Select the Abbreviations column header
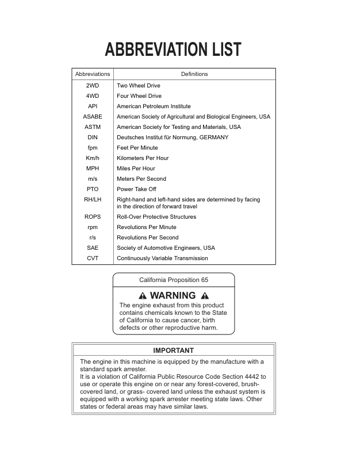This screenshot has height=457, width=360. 93,74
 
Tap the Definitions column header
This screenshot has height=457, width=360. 194,74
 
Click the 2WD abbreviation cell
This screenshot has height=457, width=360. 93,86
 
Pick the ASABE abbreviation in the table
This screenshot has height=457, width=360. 93,117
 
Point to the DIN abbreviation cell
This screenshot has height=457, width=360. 93,138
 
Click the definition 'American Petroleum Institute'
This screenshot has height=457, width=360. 154,106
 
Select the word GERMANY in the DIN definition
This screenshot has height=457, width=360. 213,138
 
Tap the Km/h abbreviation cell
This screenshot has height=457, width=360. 93,158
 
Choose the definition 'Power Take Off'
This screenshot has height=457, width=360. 136,189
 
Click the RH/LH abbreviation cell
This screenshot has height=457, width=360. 93,200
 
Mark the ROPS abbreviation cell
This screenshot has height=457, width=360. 93,217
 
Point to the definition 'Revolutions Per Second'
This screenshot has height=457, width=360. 148,238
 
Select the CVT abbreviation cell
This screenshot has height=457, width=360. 93,258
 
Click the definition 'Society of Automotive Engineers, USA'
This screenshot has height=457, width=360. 166,248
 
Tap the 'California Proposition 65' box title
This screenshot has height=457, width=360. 174,280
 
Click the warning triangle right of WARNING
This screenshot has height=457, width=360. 205,296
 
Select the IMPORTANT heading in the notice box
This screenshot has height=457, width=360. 174,351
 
